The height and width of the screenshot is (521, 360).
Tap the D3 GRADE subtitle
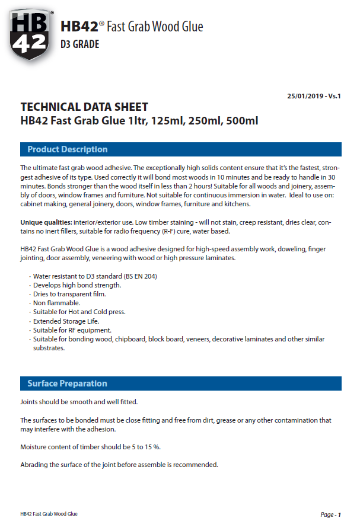(80, 44)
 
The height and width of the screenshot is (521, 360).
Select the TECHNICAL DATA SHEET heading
(84, 107)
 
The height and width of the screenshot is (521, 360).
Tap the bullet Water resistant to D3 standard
(94, 276)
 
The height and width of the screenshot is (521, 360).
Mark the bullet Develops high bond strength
(77, 285)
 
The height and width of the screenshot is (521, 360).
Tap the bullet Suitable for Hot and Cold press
(79, 312)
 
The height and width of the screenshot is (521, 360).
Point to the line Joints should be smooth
(79, 402)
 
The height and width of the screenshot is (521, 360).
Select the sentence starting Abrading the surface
(119, 464)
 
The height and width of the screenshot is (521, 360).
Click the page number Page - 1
(330, 514)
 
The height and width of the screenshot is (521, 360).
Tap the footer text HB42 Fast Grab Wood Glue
(49, 514)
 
